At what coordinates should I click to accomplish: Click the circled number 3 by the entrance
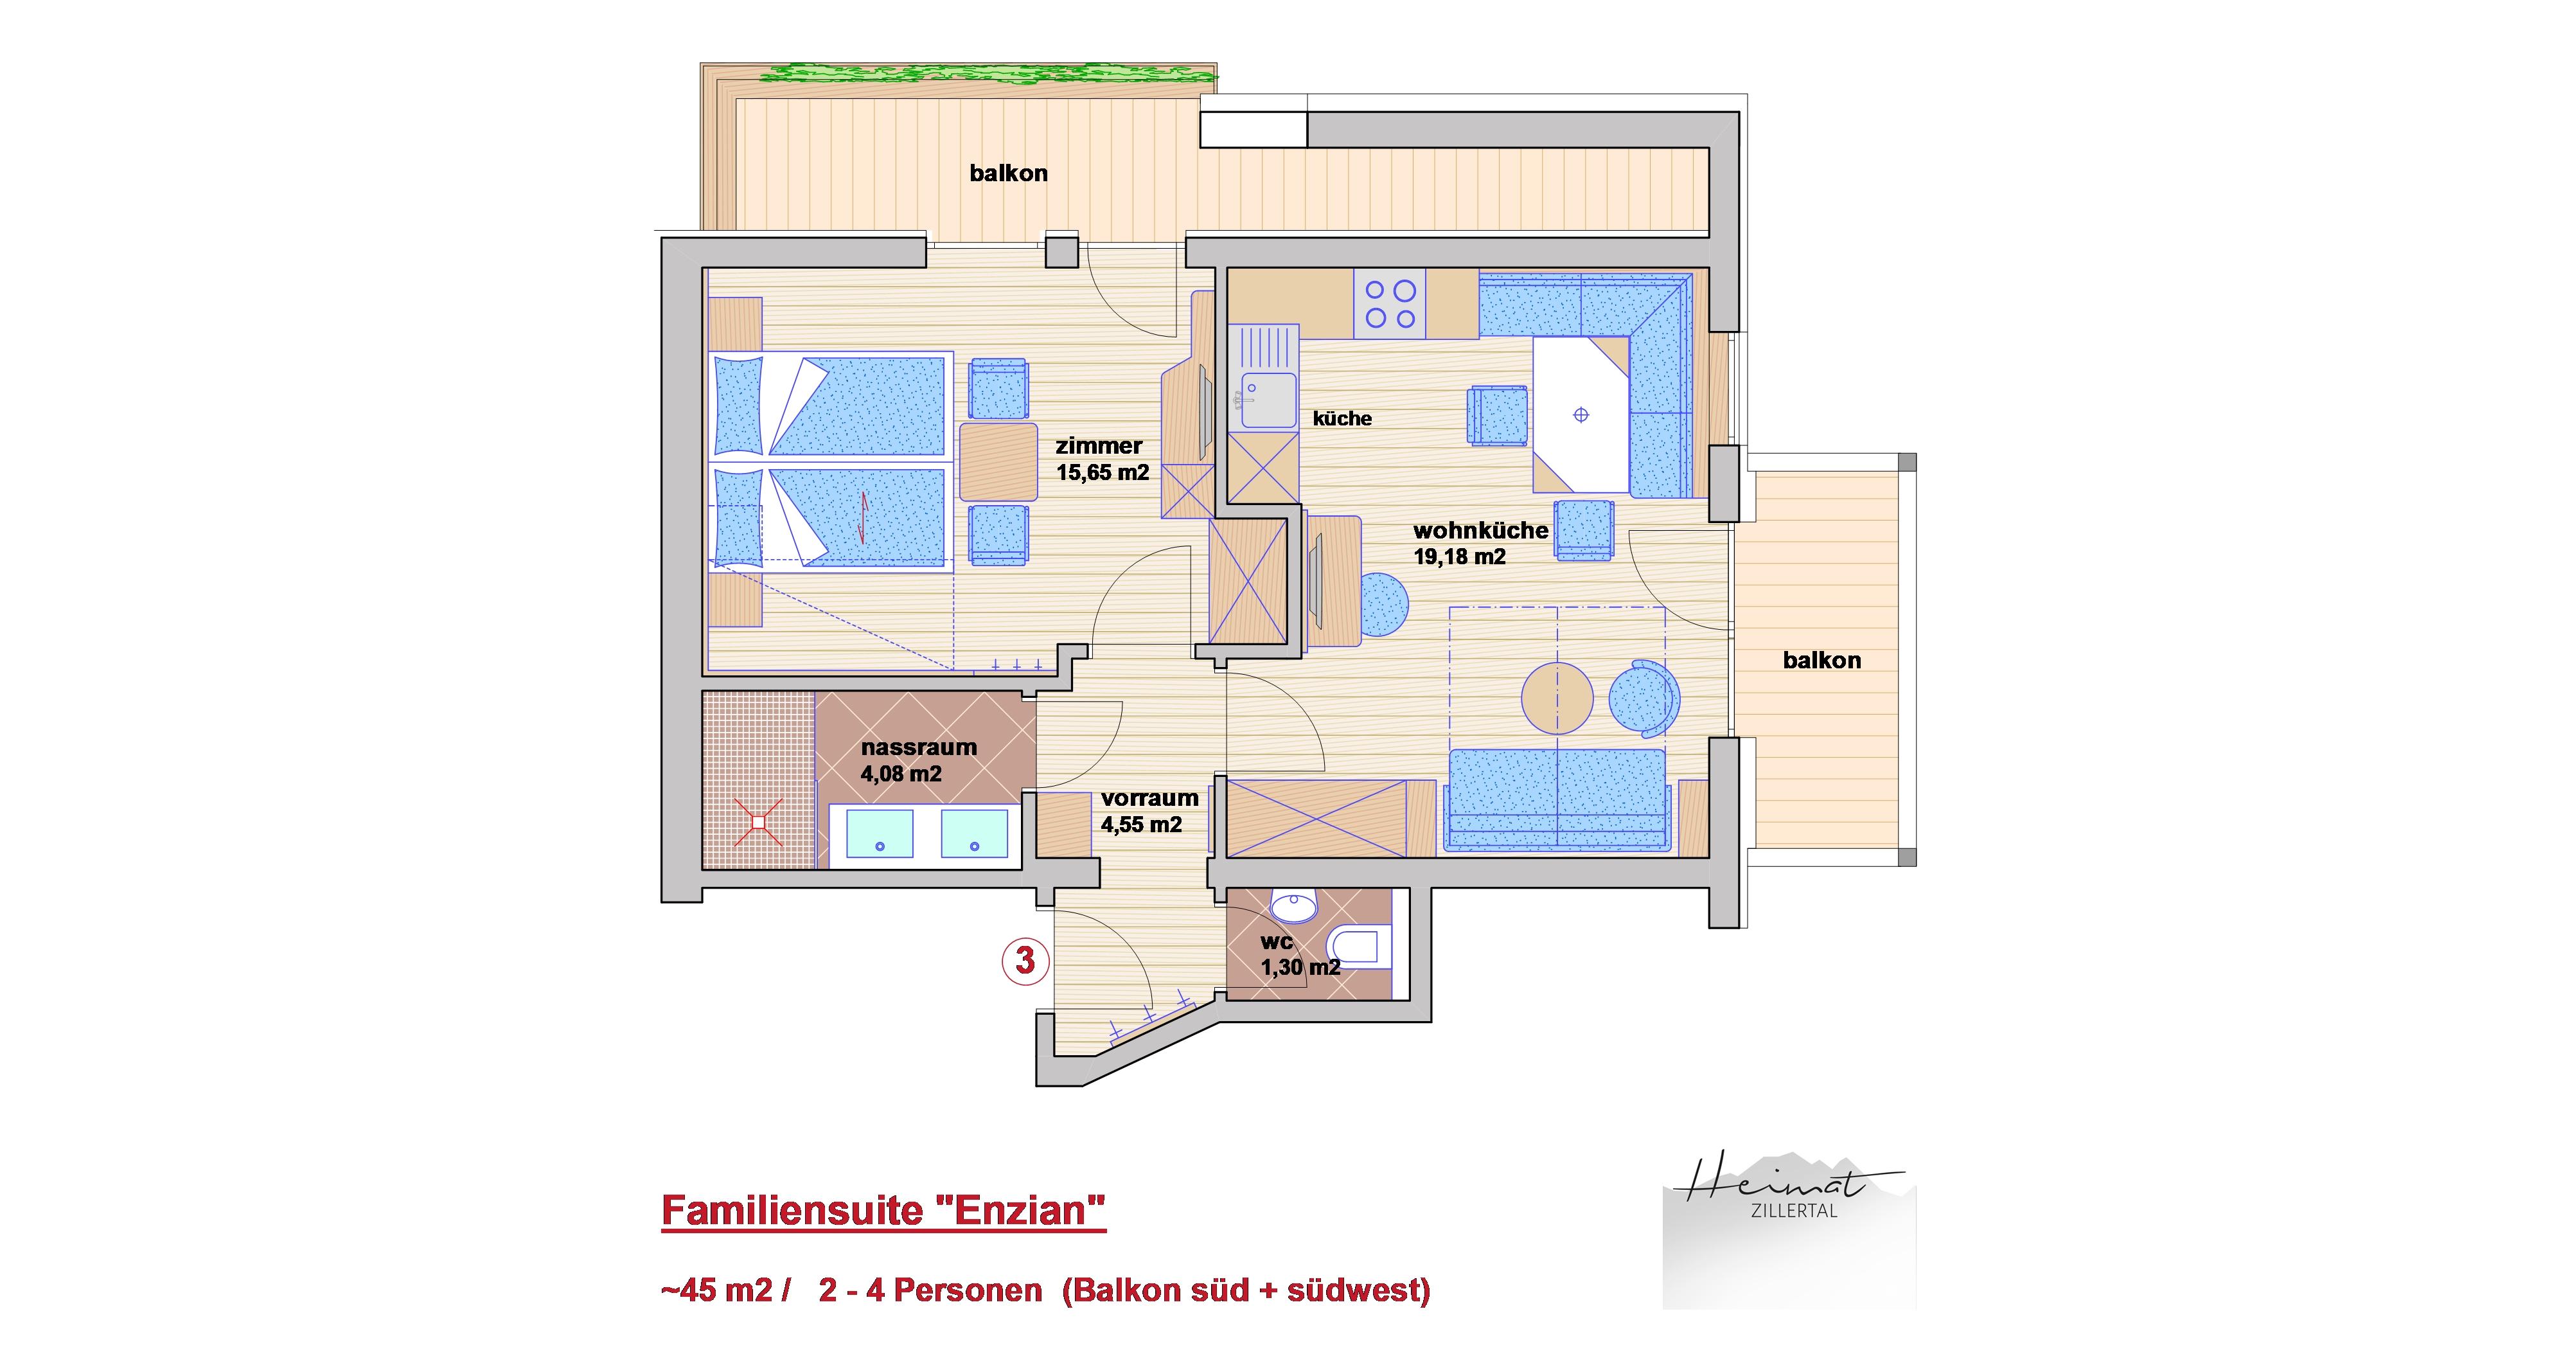[1025, 960]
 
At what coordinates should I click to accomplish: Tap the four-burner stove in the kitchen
[1390, 303]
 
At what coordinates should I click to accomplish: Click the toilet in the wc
[1358, 946]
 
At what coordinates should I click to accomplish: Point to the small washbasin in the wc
[1294, 907]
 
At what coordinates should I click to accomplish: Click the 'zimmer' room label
[1099, 446]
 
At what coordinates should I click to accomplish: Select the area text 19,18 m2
[1460, 557]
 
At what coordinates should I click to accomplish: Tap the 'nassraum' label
[918, 747]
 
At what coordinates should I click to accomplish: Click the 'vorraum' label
[1149, 798]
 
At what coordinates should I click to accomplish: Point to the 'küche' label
[1342, 419]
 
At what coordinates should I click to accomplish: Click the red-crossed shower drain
[758, 822]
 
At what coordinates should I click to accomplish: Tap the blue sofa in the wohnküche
[1557, 800]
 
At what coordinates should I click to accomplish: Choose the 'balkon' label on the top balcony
[1009, 174]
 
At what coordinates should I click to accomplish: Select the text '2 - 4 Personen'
[930, 1290]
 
